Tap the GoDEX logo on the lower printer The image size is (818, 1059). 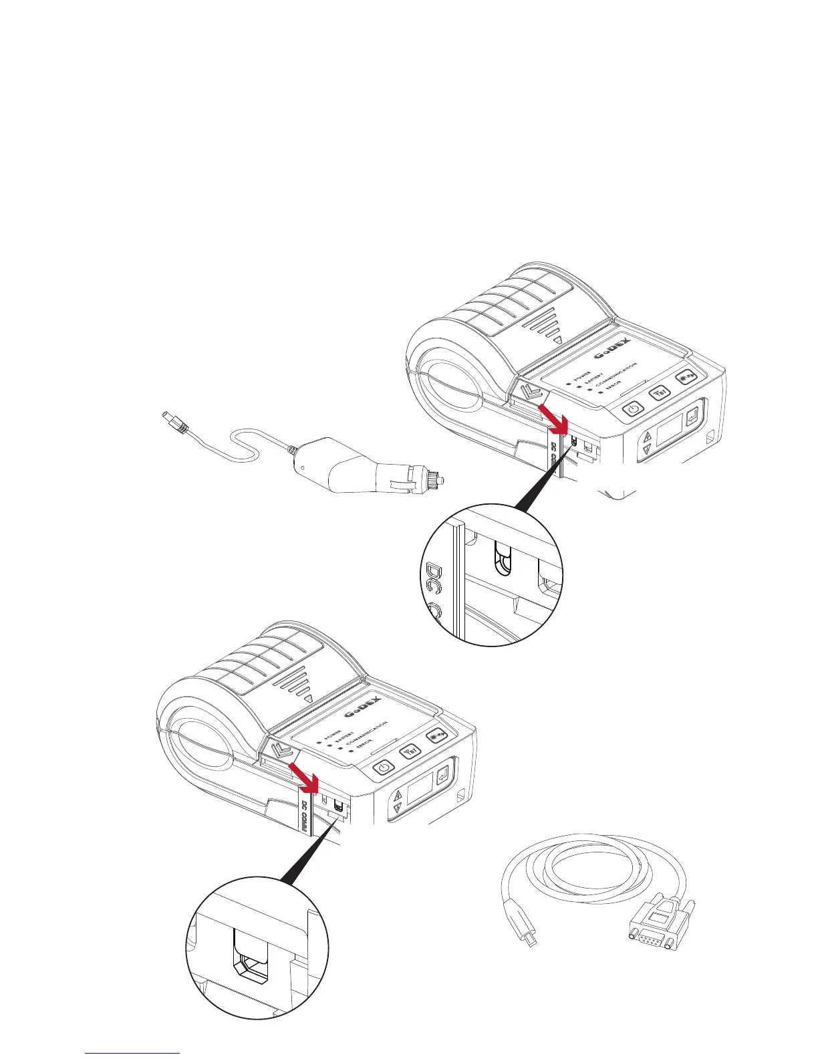(x=364, y=712)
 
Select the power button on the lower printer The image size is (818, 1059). (x=382, y=768)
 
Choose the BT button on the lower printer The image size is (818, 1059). (x=410, y=751)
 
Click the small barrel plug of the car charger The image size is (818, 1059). (x=172, y=421)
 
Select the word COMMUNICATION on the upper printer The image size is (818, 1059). (x=616, y=376)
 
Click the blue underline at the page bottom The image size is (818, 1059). (x=133, y=1053)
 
